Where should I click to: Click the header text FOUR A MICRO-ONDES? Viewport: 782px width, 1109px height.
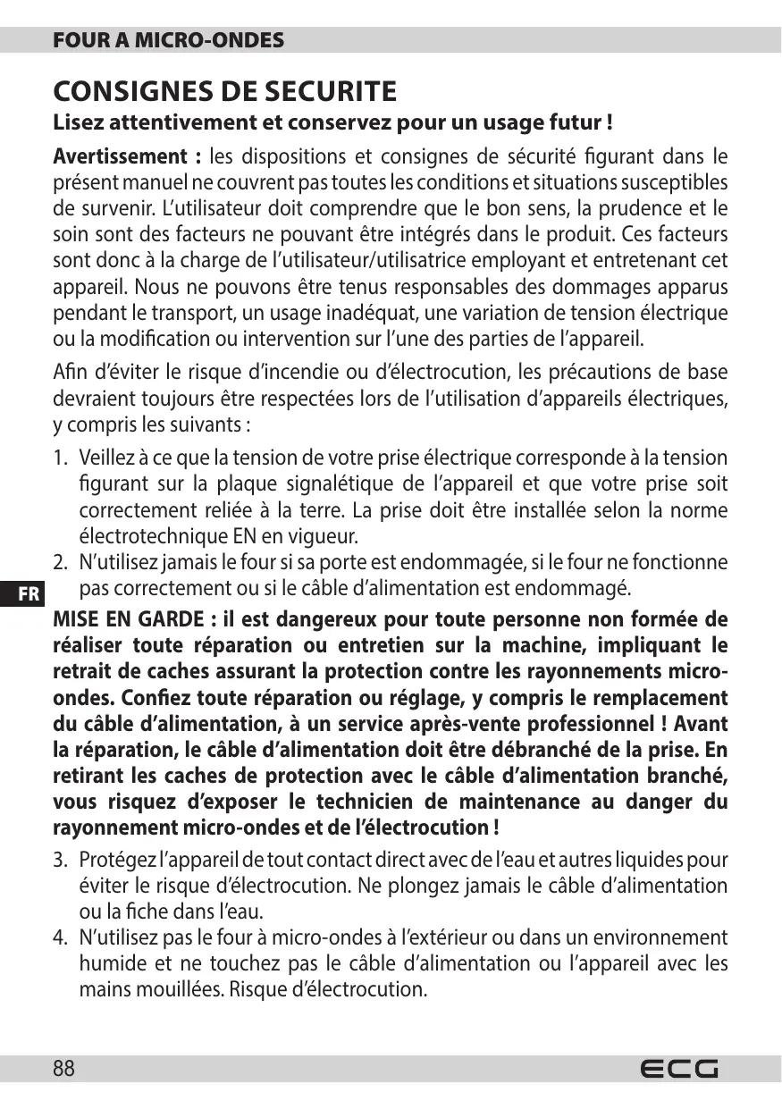pos(169,40)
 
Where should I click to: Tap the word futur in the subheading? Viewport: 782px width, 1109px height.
pos(570,121)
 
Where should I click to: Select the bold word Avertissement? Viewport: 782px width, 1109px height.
pos(119,157)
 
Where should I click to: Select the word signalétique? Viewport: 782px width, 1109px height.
pos(344,484)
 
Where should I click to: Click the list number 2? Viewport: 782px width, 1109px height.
pos(59,563)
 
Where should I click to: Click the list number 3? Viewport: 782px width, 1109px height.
pos(59,861)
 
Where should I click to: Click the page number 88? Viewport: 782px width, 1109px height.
pos(64,1069)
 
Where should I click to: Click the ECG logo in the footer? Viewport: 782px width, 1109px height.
pos(679,1069)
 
